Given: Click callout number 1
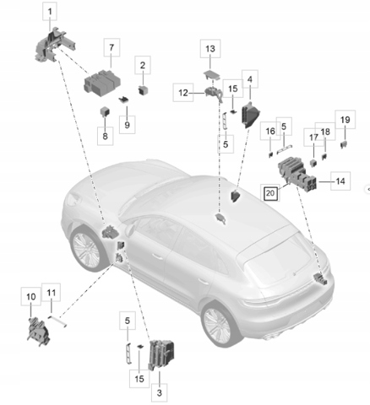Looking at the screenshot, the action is (x=50, y=12).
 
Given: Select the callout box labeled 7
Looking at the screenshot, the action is (x=112, y=47).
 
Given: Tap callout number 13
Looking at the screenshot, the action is (x=210, y=49).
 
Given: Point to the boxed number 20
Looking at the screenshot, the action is (x=270, y=193).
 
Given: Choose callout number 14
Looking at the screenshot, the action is (x=340, y=181).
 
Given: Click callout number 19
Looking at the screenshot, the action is (x=346, y=120).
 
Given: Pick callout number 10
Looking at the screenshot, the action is (x=31, y=297).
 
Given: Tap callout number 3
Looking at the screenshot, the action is (x=159, y=392).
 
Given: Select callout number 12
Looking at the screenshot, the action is (x=183, y=93).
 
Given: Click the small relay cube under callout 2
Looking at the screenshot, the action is (x=143, y=90).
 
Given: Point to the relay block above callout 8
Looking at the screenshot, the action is (x=105, y=111).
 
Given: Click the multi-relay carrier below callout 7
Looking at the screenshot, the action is (x=102, y=83).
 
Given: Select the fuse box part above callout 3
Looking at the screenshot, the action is (x=161, y=354).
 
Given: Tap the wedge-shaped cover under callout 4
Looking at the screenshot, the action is (x=250, y=115).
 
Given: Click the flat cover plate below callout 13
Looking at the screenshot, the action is (x=212, y=74).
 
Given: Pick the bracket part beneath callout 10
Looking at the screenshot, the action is (x=39, y=332).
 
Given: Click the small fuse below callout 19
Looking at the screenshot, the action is (x=344, y=145).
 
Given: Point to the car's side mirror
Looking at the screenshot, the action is (x=129, y=229).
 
